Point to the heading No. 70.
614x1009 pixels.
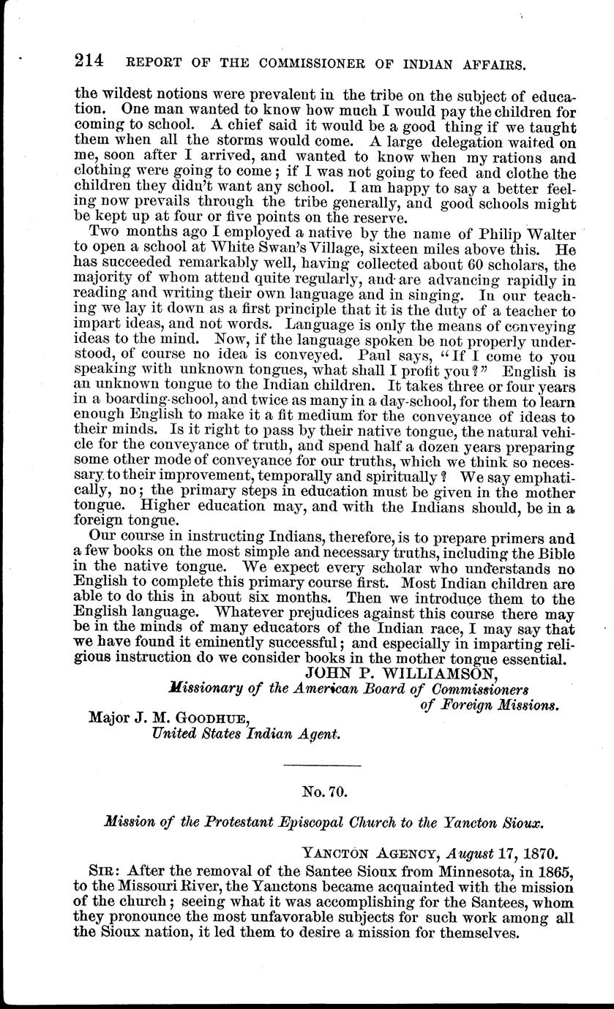point(322,790)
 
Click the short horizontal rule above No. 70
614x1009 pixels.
point(322,765)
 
